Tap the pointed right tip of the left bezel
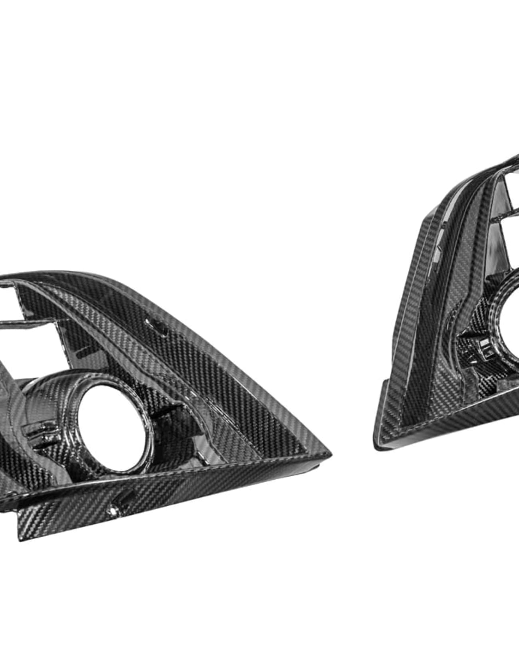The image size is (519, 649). (329, 454)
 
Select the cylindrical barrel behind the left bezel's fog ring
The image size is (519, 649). (48, 399)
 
